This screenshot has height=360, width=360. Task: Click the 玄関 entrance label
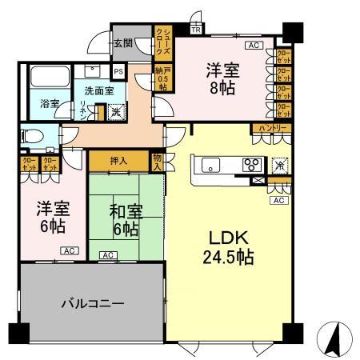(x=122, y=43)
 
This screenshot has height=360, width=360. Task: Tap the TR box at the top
(x=196, y=30)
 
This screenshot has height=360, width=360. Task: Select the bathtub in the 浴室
(x=50, y=80)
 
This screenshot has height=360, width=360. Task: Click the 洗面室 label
(x=99, y=91)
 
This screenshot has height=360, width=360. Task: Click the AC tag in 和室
(x=106, y=255)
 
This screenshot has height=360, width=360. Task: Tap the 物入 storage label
(x=157, y=164)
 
